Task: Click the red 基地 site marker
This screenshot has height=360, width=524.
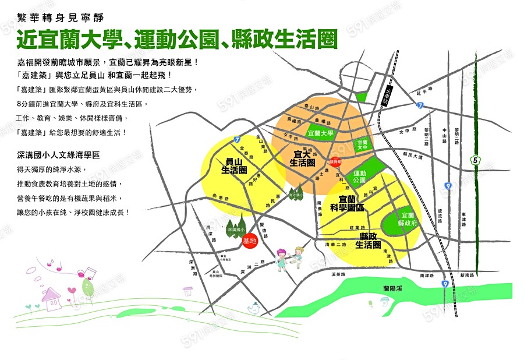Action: point(250,241)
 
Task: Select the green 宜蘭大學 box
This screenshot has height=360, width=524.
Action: point(321,133)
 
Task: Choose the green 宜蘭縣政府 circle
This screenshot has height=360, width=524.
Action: point(405,219)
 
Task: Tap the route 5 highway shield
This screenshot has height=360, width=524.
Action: point(476,159)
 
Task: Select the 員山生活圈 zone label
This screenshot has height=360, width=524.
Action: point(235,166)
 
